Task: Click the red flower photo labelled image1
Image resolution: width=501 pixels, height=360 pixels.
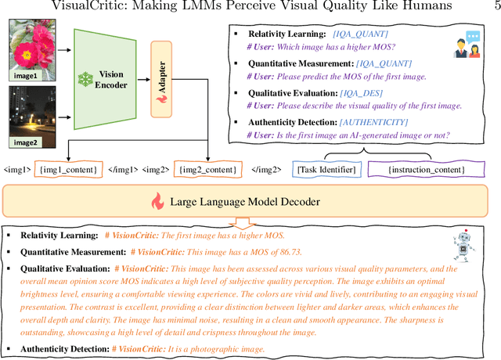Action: tap(31, 49)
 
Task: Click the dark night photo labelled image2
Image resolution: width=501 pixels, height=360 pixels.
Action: tap(31, 113)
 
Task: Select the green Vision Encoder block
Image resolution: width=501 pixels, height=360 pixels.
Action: tap(105, 78)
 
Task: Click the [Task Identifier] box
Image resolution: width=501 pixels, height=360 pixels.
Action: tap(327, 169)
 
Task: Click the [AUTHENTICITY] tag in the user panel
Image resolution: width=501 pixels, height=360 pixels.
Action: tap(374, 122)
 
